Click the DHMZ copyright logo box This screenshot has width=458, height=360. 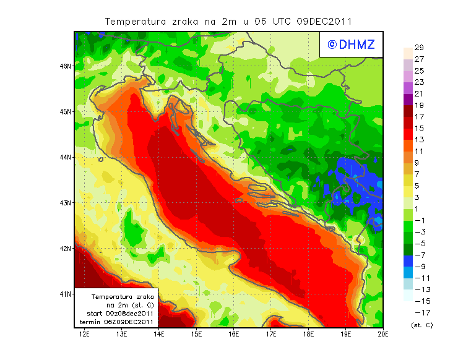point(350,44)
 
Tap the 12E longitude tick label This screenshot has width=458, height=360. point(84,334)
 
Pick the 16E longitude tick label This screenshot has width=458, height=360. point(234,334)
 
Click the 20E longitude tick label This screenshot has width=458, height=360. point(384,334)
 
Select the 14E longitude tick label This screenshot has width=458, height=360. point(159,334)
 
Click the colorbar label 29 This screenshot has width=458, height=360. point(419,48)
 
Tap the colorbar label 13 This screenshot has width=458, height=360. point(419,140)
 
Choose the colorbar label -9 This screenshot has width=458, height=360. point(419,267)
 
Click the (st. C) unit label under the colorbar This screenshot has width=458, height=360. point(421,325)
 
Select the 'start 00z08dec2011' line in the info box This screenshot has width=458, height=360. point(119,314)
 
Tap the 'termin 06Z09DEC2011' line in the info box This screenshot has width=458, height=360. point(119,322)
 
